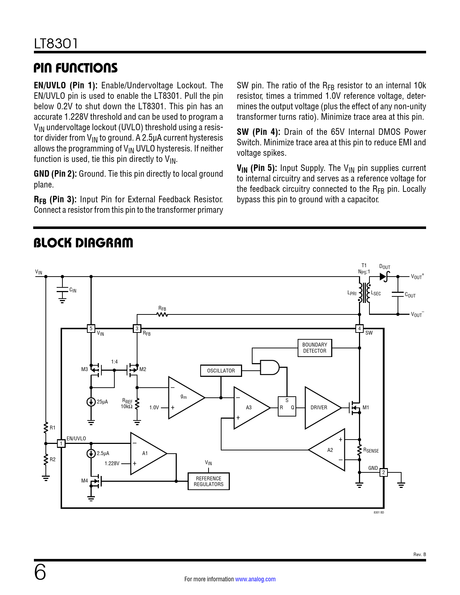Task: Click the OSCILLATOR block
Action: (221, 371)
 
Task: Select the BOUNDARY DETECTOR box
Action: (315, 348)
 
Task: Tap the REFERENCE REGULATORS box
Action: (209, 481)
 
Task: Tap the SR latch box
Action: (287, 407)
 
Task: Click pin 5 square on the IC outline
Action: (91, 329)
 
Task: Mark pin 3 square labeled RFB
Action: (137, 329)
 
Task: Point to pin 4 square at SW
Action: (359, 329)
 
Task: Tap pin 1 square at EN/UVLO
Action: (61, 444)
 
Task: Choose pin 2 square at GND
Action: (384, 472)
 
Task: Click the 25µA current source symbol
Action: (91, 402)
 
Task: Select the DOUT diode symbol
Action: (384, 277)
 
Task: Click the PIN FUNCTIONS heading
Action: (76, 68)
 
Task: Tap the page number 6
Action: (40, 573)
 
